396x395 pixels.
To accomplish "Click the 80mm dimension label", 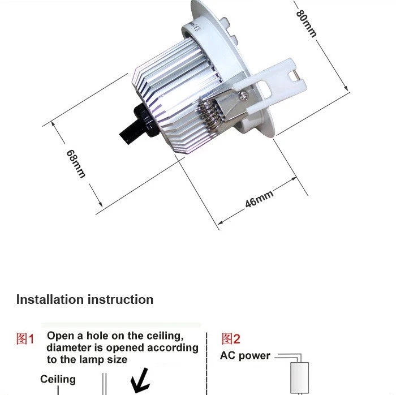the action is [x=306, y=24].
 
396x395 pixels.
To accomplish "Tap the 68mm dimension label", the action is [x=76, y=164].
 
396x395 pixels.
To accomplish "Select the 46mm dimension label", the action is [x=259, y=199].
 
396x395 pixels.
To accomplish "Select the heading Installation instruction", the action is [x=85, y=299].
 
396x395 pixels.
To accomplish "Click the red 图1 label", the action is [x=25, y=338].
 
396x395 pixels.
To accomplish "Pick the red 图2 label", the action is [x=231, y=338].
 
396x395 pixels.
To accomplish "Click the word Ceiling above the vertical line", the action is [x=58, y=379].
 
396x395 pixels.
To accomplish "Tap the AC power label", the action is [x=245, y=355].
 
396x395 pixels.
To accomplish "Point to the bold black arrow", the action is [x=140, y=381].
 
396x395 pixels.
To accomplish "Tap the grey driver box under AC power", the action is [x=299, y=378].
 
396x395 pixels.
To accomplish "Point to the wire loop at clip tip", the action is [x=294, y=76].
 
